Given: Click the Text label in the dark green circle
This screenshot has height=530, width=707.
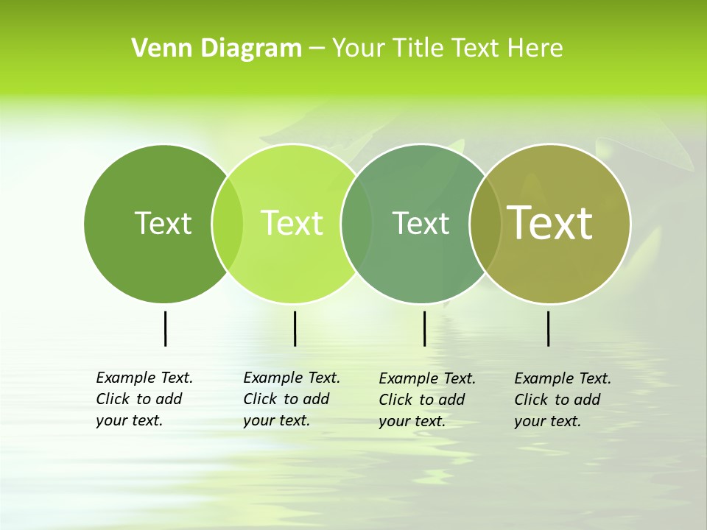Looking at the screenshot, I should click(x=163, y=223).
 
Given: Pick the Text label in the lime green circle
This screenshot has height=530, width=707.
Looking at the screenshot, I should click(x=292, y=223).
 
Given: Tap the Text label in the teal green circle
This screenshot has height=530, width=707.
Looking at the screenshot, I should click(x=421, y=223).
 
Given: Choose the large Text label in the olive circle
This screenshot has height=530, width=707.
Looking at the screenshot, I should click(x=550, y=222).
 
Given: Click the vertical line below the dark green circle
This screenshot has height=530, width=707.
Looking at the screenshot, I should click(x=165, y=328).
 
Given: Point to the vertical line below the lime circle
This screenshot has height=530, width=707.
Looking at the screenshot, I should click(x=295, y=328).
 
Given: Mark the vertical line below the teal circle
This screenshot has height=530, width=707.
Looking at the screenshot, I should click(x=424, y=328).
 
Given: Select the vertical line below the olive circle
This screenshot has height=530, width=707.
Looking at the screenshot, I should click(x=548, y=328).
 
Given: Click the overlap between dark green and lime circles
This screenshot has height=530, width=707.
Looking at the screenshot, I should click(x=228, y=223).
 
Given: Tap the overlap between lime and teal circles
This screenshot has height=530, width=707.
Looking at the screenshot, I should click(x=356, y=223).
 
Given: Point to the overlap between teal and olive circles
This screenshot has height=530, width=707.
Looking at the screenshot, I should click(x=485, y=223).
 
